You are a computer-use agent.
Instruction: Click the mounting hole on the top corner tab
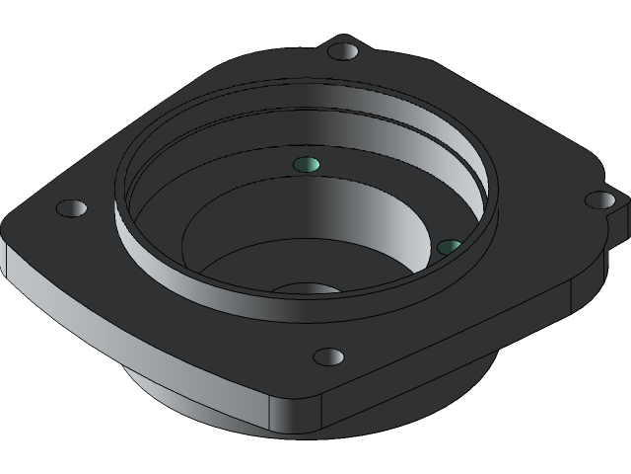point(343,50)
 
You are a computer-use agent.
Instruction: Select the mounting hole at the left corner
point(71,208)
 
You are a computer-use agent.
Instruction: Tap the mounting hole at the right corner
point(599,200)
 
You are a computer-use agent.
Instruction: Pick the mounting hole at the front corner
point(328,356)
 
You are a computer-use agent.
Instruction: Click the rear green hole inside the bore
point(308,164)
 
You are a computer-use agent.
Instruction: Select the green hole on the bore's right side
point(449,246)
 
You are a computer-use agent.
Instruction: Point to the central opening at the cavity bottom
point(308,289)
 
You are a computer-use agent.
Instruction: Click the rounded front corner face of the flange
point(296,415)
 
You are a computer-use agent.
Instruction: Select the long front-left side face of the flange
point(138,341)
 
